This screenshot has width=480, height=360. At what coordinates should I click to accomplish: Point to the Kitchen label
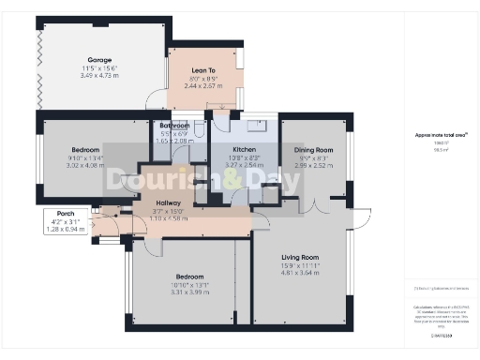point(245,149)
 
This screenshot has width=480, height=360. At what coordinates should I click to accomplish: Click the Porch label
point(66,213)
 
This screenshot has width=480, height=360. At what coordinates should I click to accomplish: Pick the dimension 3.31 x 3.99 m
point(189,294)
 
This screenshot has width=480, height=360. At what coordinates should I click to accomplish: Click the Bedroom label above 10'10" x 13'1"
point(189,277)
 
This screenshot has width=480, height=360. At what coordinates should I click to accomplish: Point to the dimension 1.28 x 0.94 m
point(66,229)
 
